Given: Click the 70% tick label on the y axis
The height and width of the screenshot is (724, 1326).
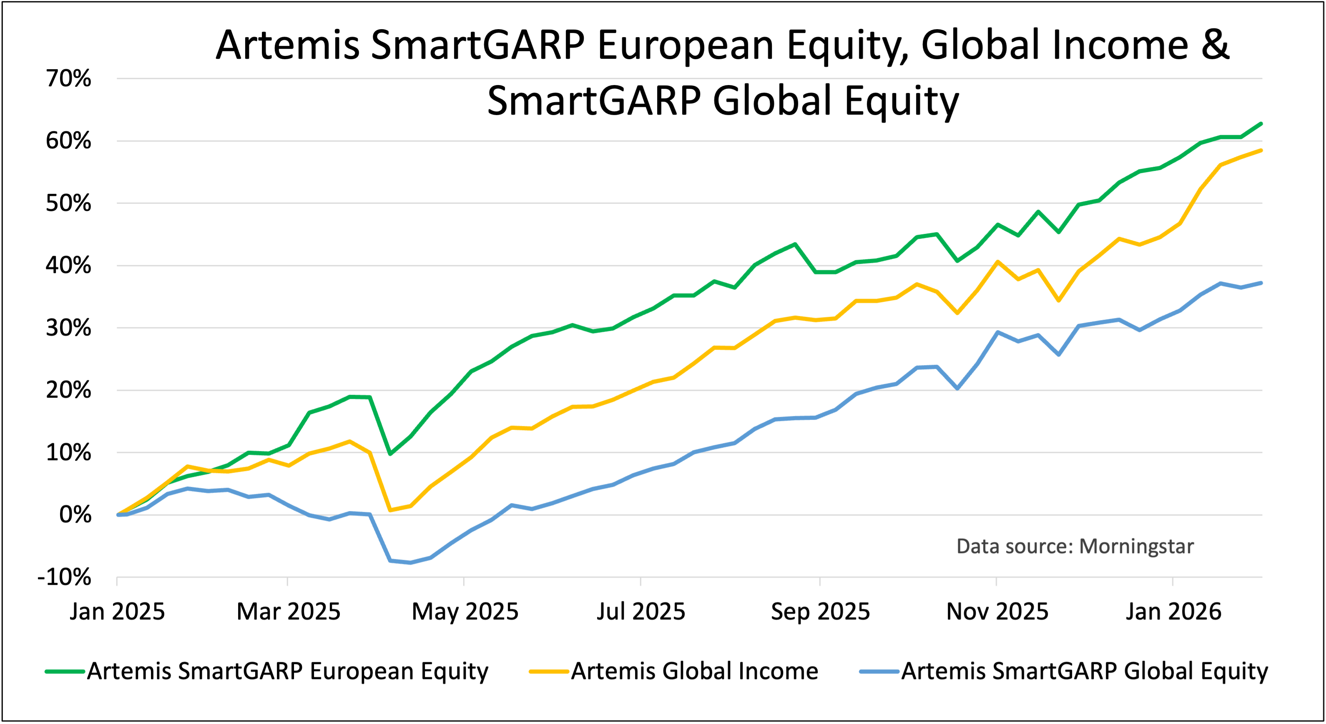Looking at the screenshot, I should (68, 79).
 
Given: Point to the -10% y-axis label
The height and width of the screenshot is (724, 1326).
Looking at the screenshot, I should (64, 577).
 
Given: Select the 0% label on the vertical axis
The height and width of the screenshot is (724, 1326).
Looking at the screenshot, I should (75, 515).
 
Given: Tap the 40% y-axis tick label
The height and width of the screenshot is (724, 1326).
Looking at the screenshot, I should (68, 266).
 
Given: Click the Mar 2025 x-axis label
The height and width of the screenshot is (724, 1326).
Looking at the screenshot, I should (288, 612).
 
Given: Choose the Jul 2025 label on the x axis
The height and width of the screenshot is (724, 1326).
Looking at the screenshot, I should (641, 612).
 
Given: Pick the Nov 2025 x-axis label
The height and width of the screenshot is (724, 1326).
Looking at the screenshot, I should (997, 612).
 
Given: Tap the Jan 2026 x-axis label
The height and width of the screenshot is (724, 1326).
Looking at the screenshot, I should (1173, 612).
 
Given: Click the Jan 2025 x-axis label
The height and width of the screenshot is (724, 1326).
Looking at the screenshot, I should (117, 612).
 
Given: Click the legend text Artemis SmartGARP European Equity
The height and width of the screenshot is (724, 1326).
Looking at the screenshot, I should (287, 671).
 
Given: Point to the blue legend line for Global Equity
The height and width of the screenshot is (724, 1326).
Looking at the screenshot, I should (879, 671).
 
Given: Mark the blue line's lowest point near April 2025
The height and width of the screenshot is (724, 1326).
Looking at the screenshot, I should (410, 562).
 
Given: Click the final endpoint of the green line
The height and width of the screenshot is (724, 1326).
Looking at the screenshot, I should (1261, 123).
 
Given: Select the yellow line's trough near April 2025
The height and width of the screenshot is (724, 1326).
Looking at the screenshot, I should (390, 510).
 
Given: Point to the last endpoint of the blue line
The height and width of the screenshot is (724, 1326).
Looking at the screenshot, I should (1261, 283).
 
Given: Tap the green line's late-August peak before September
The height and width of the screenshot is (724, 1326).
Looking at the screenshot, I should (795, 244).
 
